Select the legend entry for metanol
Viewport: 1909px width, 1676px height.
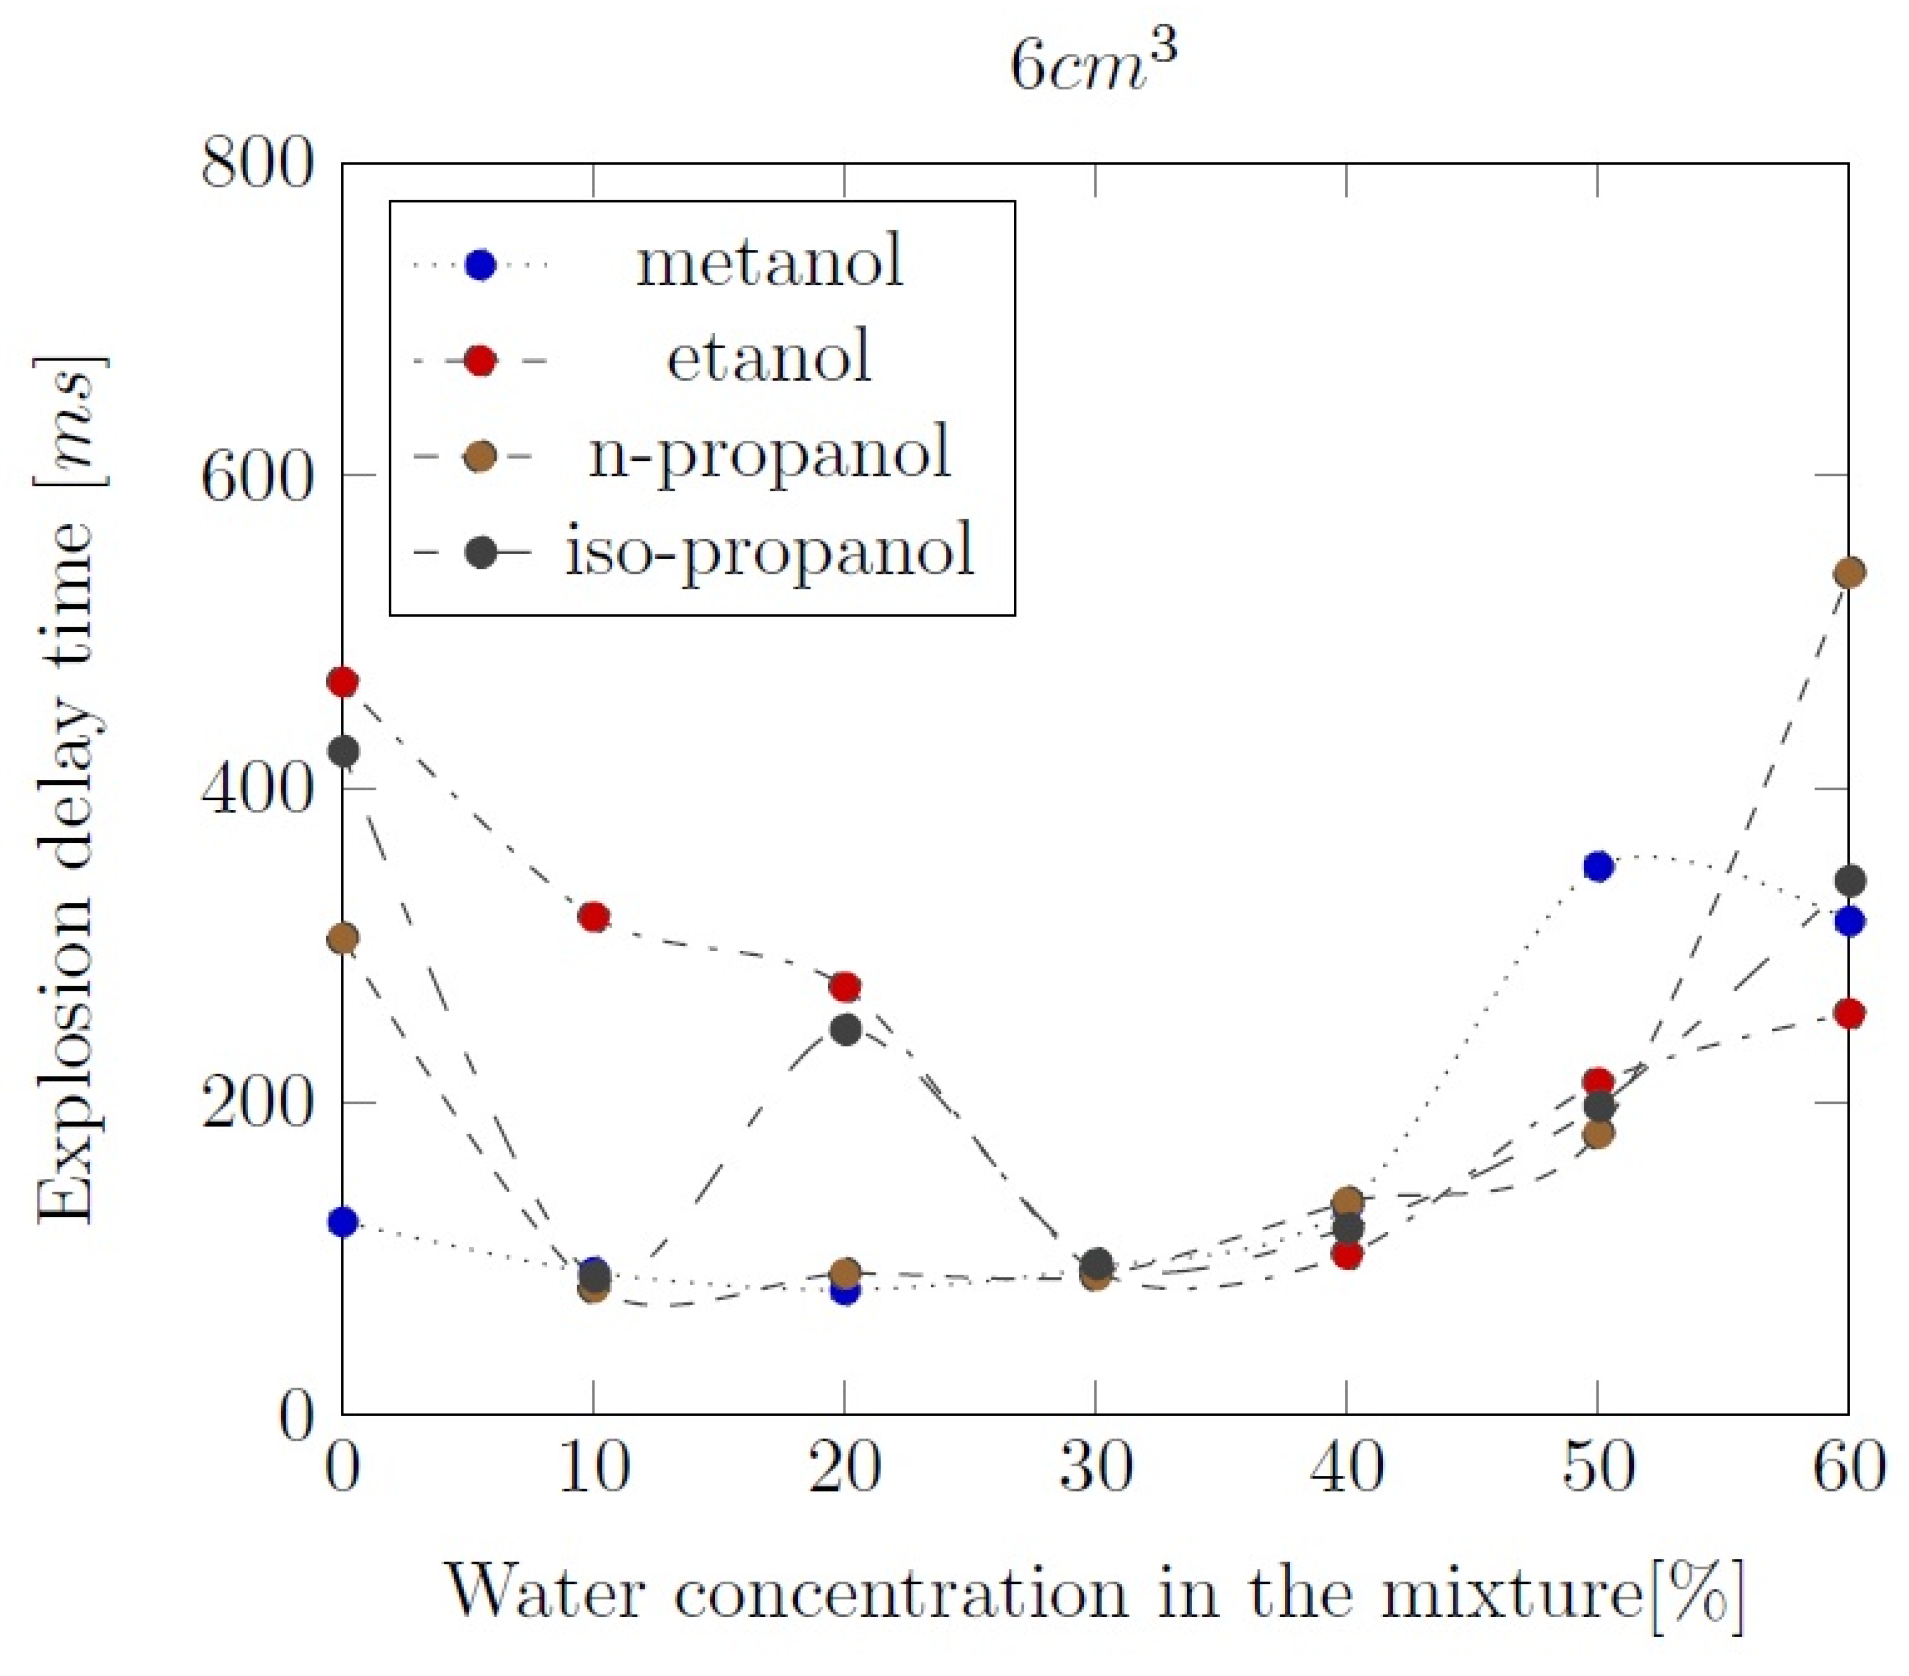(770, 263)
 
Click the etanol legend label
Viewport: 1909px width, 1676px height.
(770, 358)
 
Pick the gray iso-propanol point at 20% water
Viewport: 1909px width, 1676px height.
(845, 1030)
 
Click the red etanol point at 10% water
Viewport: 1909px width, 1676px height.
(594, 917)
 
